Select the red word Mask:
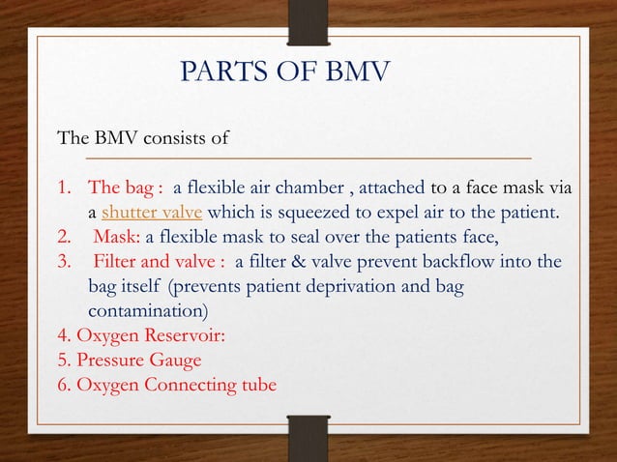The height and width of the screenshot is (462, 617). click(117, 238)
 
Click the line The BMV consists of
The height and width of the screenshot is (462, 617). click(143, 137)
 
